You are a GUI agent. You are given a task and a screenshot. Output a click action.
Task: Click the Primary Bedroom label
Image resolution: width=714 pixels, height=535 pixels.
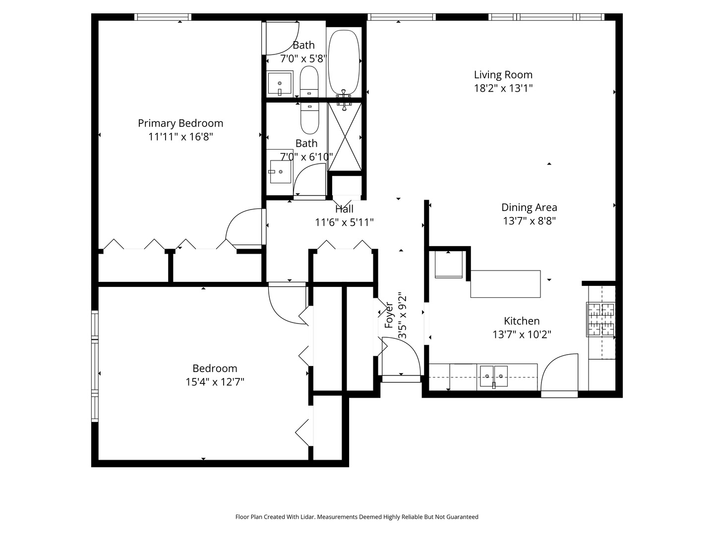(180, 123)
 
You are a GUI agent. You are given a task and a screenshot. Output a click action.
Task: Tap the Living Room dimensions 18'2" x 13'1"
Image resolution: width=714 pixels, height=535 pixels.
(503, 89)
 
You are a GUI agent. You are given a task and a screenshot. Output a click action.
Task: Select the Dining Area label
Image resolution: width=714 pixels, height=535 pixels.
(529, 208)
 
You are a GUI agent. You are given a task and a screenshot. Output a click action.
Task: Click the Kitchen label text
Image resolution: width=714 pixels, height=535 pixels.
(522, 321)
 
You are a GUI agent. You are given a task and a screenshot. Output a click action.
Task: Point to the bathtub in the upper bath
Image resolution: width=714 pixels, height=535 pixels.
(344, 62)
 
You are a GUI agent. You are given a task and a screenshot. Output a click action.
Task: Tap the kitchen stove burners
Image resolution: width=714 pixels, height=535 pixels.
(601, 320)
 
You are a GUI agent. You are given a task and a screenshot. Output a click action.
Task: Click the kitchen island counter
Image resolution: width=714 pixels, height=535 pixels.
(505, 284)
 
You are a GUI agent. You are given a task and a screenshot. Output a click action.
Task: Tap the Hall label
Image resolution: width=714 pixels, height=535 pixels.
(344, 209)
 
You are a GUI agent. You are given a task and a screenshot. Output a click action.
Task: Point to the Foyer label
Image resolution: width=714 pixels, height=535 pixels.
(389, 315)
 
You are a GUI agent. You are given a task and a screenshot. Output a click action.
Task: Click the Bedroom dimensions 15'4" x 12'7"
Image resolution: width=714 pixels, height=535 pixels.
(215, 382)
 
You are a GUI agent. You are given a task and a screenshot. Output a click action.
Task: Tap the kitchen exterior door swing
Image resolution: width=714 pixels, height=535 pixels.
(559, 374)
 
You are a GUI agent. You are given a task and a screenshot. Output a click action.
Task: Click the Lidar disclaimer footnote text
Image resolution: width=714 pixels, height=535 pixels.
(357, 517)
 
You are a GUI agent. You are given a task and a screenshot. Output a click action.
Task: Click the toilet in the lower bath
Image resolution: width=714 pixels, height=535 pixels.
(310, 118)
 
